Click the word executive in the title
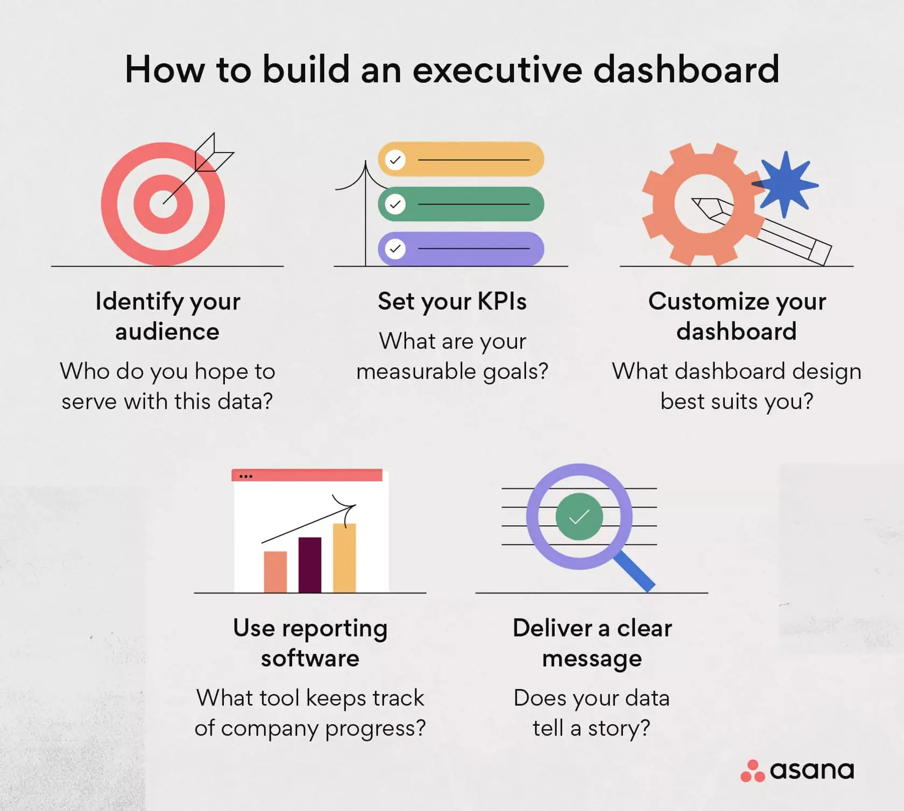497,70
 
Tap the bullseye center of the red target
164,204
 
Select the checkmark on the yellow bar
395,160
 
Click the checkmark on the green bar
395,204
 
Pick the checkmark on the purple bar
395,249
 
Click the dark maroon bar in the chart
310,565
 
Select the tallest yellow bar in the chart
344,558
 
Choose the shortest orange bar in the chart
276,572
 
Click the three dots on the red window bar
246,476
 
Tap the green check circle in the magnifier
579,517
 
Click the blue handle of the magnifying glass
635,572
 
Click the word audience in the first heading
167,332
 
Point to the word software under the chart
310,658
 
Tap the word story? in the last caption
619,729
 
